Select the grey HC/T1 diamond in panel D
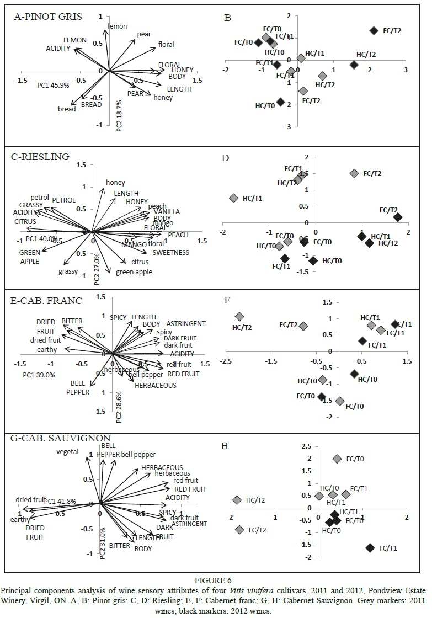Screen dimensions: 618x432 pos(233,198)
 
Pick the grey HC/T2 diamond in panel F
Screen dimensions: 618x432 pos(239,317)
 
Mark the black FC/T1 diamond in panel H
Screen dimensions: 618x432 pos(370,548)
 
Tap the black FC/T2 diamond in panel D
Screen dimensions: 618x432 pos(397,217)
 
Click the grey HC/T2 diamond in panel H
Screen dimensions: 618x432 pos(237,500)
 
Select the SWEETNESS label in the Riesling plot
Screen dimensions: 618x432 pos(171,253)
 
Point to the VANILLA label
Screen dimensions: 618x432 pos(167,212)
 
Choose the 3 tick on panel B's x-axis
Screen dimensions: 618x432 pos(406,70)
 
